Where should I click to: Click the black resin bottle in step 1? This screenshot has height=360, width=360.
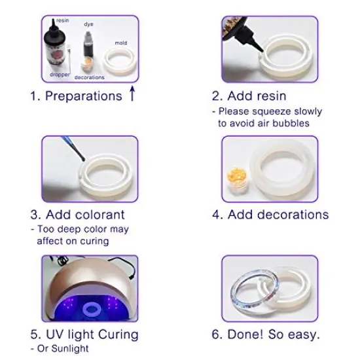point(56,49)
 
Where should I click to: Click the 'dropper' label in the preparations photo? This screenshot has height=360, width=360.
point(60,75)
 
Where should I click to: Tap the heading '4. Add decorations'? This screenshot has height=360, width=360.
point(271,215)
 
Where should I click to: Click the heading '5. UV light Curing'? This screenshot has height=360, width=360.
point(84,334)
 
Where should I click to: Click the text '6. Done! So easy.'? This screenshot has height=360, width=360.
point(266,334)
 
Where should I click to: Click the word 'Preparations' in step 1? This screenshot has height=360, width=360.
point(84,96)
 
